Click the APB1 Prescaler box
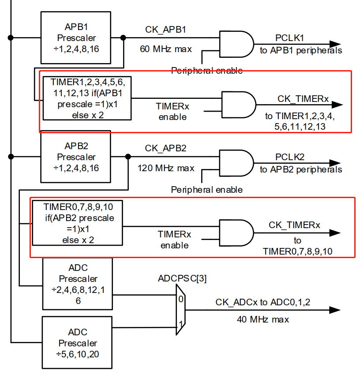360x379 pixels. click(x=75, y=38)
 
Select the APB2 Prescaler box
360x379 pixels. click(x=76, y=157)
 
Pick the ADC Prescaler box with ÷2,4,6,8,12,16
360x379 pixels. click(x=78, y=284)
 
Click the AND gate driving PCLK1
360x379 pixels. click(x=236, y=44)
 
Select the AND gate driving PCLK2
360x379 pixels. click(x=236, y=163)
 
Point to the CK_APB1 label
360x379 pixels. click(x=165, y=30)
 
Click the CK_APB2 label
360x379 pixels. click(x=165, y=148)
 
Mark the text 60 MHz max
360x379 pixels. click(x=166, y=49)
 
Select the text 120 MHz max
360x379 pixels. click(x=166, y=168)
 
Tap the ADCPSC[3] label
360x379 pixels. click(x=182, y=278)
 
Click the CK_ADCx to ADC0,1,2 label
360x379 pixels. click(x=266, y=302)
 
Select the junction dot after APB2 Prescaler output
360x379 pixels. click(x=128, y=156)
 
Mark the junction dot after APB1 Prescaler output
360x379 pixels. click(x=124, y=38)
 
